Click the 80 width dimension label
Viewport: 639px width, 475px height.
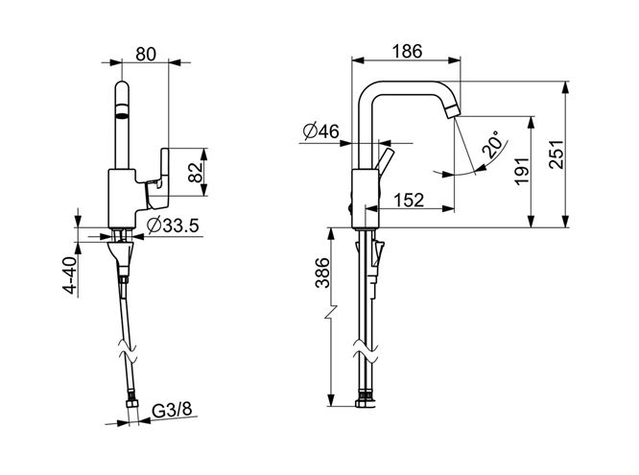(x=146, y=54)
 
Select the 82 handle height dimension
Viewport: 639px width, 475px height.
(x=196, y=172)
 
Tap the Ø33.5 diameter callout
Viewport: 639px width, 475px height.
(x=173, y=226)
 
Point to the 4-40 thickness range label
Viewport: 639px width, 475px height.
(x=69, y=274)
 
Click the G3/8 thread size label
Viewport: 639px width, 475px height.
(x=172, y=410)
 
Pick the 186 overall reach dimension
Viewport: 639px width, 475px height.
(x=407, y=52)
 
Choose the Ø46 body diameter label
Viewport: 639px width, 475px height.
(x=320, y=131)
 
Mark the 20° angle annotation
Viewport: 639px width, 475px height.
(x=492, y=144)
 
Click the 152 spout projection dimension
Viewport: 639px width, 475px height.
(x=409, y=200)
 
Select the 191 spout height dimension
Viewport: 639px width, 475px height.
(x=522, y=172)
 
